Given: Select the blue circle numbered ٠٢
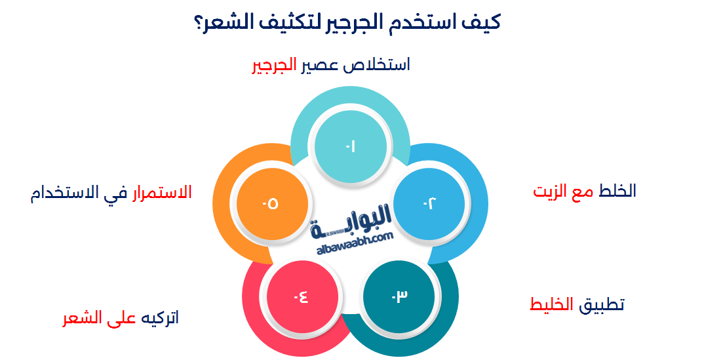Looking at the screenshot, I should [x=429, y=203].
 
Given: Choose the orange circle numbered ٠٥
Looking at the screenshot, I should [x=271, y=203].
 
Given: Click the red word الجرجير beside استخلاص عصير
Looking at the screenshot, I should [x=275, y=66].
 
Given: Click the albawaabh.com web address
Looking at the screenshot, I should [x=355, y=243].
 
